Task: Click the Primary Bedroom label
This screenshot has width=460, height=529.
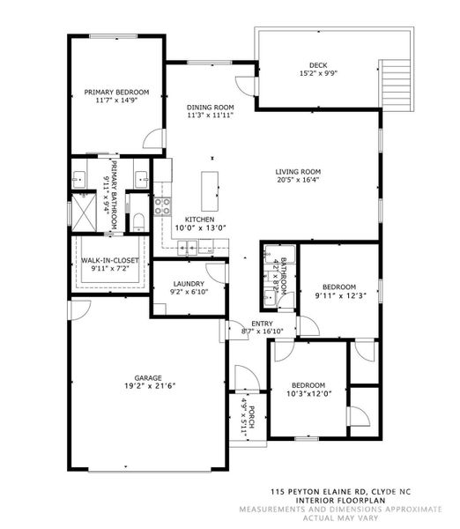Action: [x=116, y=92]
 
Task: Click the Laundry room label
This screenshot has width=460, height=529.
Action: [x=188, y=283]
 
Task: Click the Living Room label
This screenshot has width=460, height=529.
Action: [x=299, y=172]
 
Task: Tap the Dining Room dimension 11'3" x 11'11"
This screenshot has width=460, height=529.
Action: [x=210, y=115]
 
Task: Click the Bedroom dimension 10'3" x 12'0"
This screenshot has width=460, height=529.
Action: [x=308, y=394]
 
